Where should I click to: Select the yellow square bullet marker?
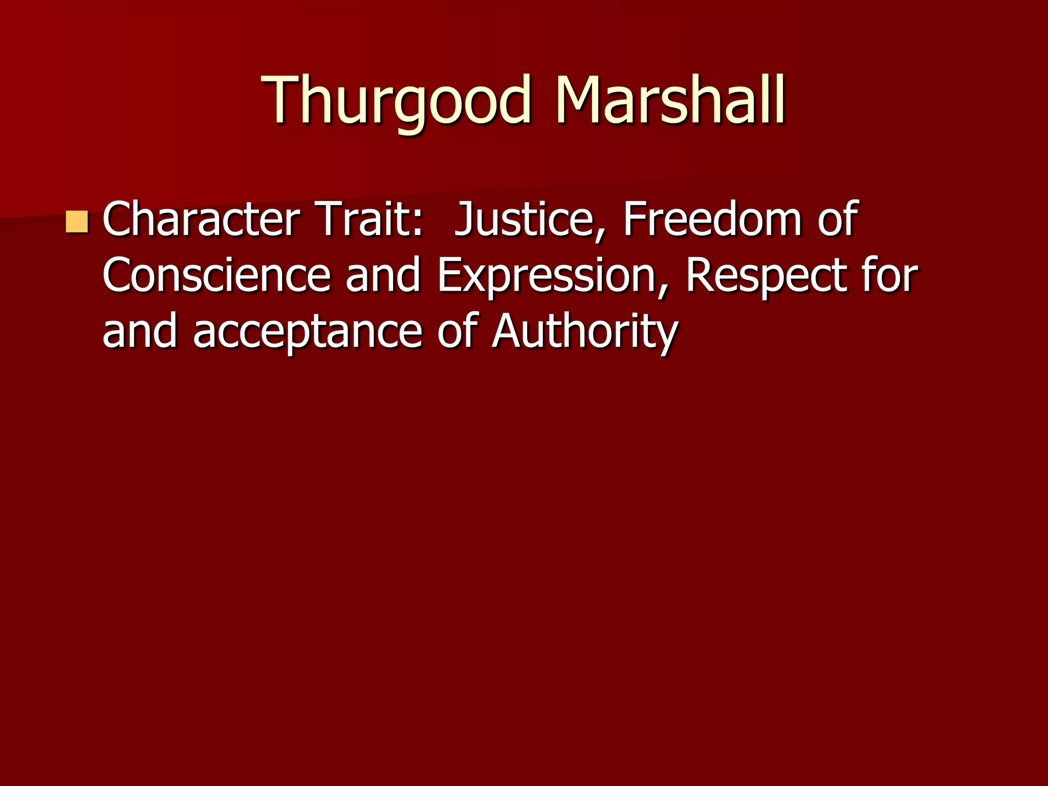[77, 222]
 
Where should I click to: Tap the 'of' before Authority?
[457, 331]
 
